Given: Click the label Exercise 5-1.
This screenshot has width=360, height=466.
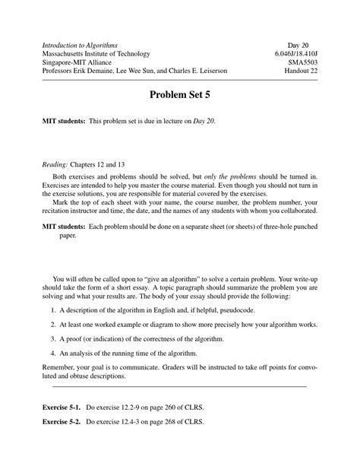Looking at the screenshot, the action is (64, 408).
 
